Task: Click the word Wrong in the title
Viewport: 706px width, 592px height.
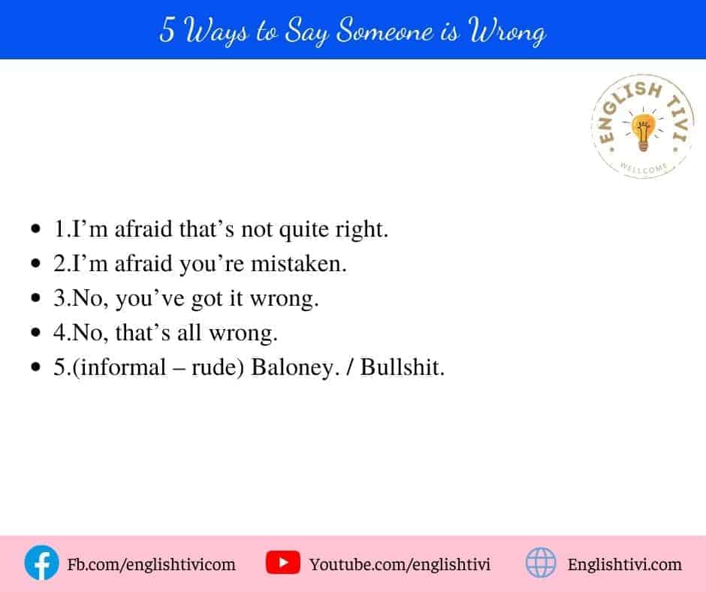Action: [x=507, y=31]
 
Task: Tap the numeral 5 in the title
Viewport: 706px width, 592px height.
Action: [x=167, y=30]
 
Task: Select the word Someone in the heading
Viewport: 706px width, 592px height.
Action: [x=385, y=31]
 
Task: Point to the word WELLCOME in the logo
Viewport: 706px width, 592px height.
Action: [x=644, y=168]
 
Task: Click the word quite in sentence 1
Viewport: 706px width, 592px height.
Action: [x=304, y=230]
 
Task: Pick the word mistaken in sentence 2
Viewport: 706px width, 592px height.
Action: [x=298, y=264]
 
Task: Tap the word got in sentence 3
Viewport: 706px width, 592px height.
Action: [x=207, y=299]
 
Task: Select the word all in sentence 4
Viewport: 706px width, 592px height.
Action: [x=189, y=333]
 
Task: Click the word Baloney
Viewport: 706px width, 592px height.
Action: [x=295, y=367]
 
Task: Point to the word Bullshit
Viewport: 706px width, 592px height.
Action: [x=402, y=367]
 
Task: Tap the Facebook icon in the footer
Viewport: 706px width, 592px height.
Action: [x=41, y=563]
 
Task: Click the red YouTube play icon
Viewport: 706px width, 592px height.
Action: [x=282, y=562]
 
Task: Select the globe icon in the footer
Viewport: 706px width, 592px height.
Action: [x=541, y=562]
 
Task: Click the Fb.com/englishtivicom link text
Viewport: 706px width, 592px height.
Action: [x=151, y=564]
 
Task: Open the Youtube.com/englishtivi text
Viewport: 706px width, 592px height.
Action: [x=400, y=564]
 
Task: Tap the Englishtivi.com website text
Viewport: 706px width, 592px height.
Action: [x=624, y=564]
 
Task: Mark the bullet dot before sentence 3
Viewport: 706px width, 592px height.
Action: [x=35, y=298]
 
